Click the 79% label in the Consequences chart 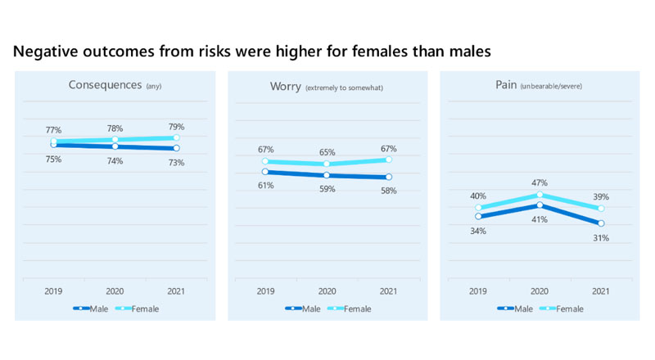point(176,127)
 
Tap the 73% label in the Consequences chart point(176,163)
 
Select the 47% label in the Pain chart point(539,182)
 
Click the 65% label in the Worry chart point(327,152)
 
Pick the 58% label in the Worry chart point(388,191)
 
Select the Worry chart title point(326,86)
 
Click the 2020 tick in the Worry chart point(327,291)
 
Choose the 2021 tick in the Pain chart point(600,291)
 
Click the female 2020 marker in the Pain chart point(539,195)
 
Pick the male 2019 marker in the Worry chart point(265,172)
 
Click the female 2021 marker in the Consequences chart point(176,138)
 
